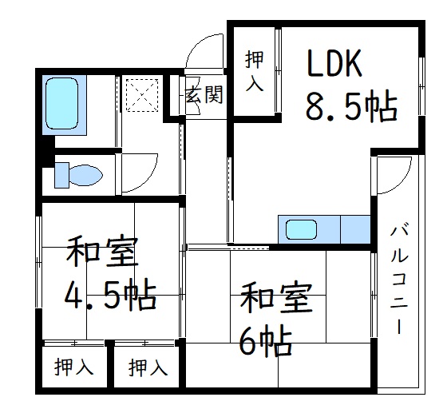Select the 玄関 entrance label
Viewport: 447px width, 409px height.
204,96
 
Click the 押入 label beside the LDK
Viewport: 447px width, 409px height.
255,70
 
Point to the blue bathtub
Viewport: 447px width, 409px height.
65,104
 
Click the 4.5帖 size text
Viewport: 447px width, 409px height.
109,296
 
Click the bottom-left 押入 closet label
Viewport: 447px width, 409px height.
73,367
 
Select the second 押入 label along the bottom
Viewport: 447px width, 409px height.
148,367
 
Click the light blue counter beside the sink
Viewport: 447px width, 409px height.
354,229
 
